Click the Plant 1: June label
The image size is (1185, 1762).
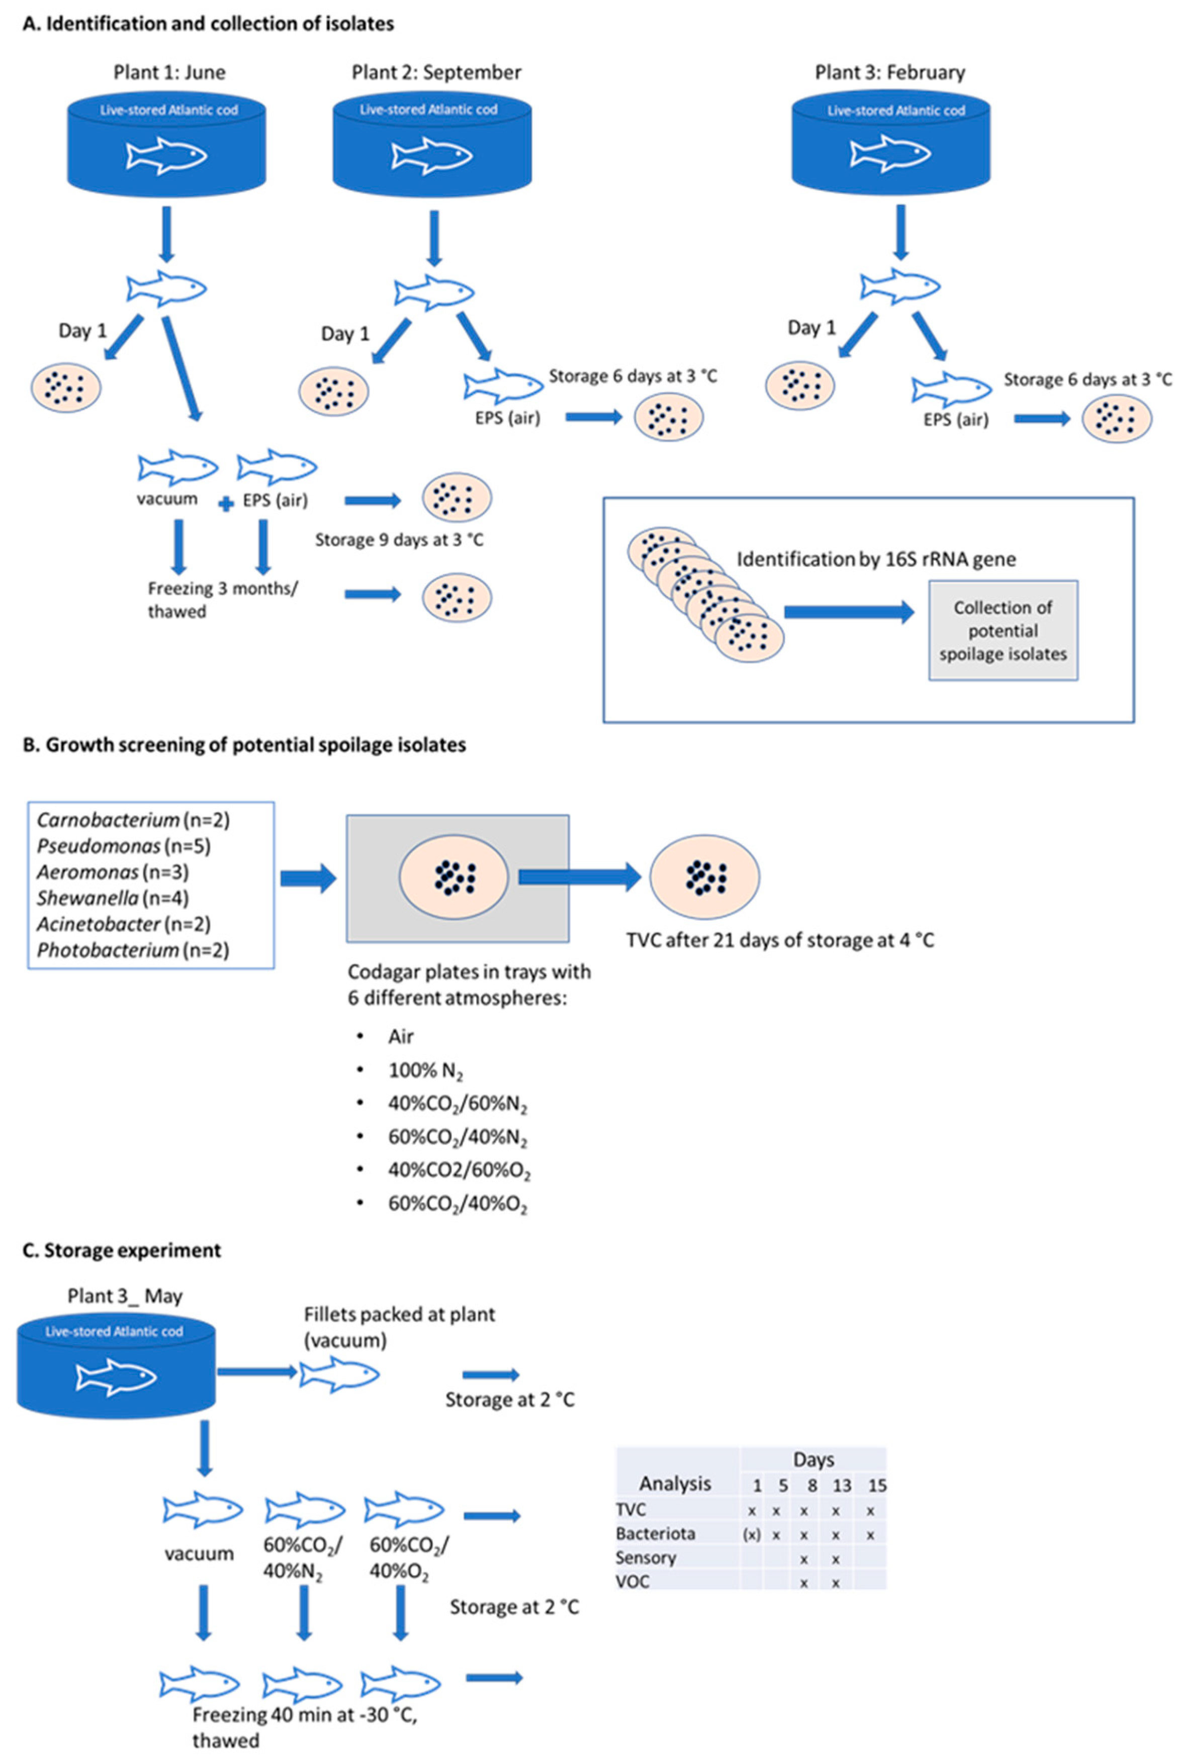point(169,72)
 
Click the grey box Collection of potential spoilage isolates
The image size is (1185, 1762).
point(1003,631)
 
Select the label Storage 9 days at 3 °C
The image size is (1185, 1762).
point(399,540)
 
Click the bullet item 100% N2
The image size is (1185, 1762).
point(425,1070)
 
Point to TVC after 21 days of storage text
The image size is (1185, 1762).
point(780,940)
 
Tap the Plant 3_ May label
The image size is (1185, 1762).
point(125,1296)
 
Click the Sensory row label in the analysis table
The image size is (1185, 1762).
point(646,1557)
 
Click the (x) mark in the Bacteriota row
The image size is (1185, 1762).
point(752,1535)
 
